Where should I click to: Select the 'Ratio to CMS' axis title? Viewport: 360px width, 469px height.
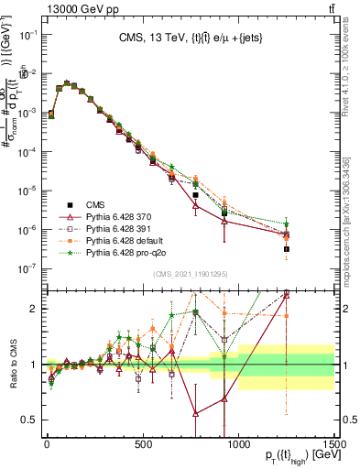point(12,363)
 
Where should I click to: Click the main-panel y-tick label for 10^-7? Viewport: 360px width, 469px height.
point(28,268)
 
